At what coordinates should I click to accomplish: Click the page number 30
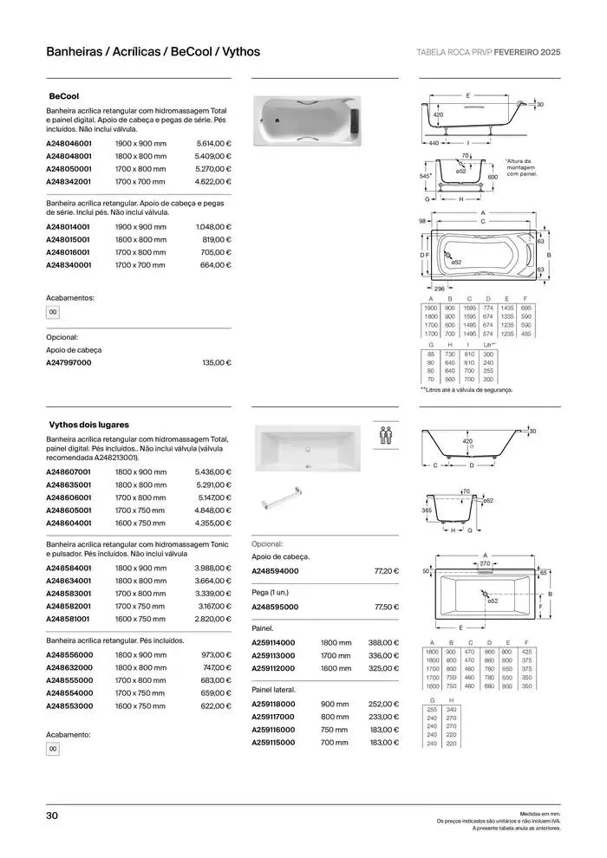pos(52,816)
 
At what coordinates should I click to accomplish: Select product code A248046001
pos(69,143)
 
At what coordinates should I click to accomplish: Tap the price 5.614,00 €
pos(213,143)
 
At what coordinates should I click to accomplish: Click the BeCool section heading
pos(65,96)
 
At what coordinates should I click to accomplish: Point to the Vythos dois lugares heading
pos(89,425)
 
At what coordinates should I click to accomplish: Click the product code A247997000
pos(69,362)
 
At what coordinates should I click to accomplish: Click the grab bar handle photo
pos(286,500)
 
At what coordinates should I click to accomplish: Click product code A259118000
pos(274,704)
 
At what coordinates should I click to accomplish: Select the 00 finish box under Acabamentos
pos(53,312)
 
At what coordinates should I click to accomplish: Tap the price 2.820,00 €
pos(213,620)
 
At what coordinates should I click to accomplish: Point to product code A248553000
pos(69,706)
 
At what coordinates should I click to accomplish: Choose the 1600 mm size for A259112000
pos(336,668)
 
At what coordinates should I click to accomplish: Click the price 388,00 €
pos(383,642)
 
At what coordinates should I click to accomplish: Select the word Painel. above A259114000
pos(263,627)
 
